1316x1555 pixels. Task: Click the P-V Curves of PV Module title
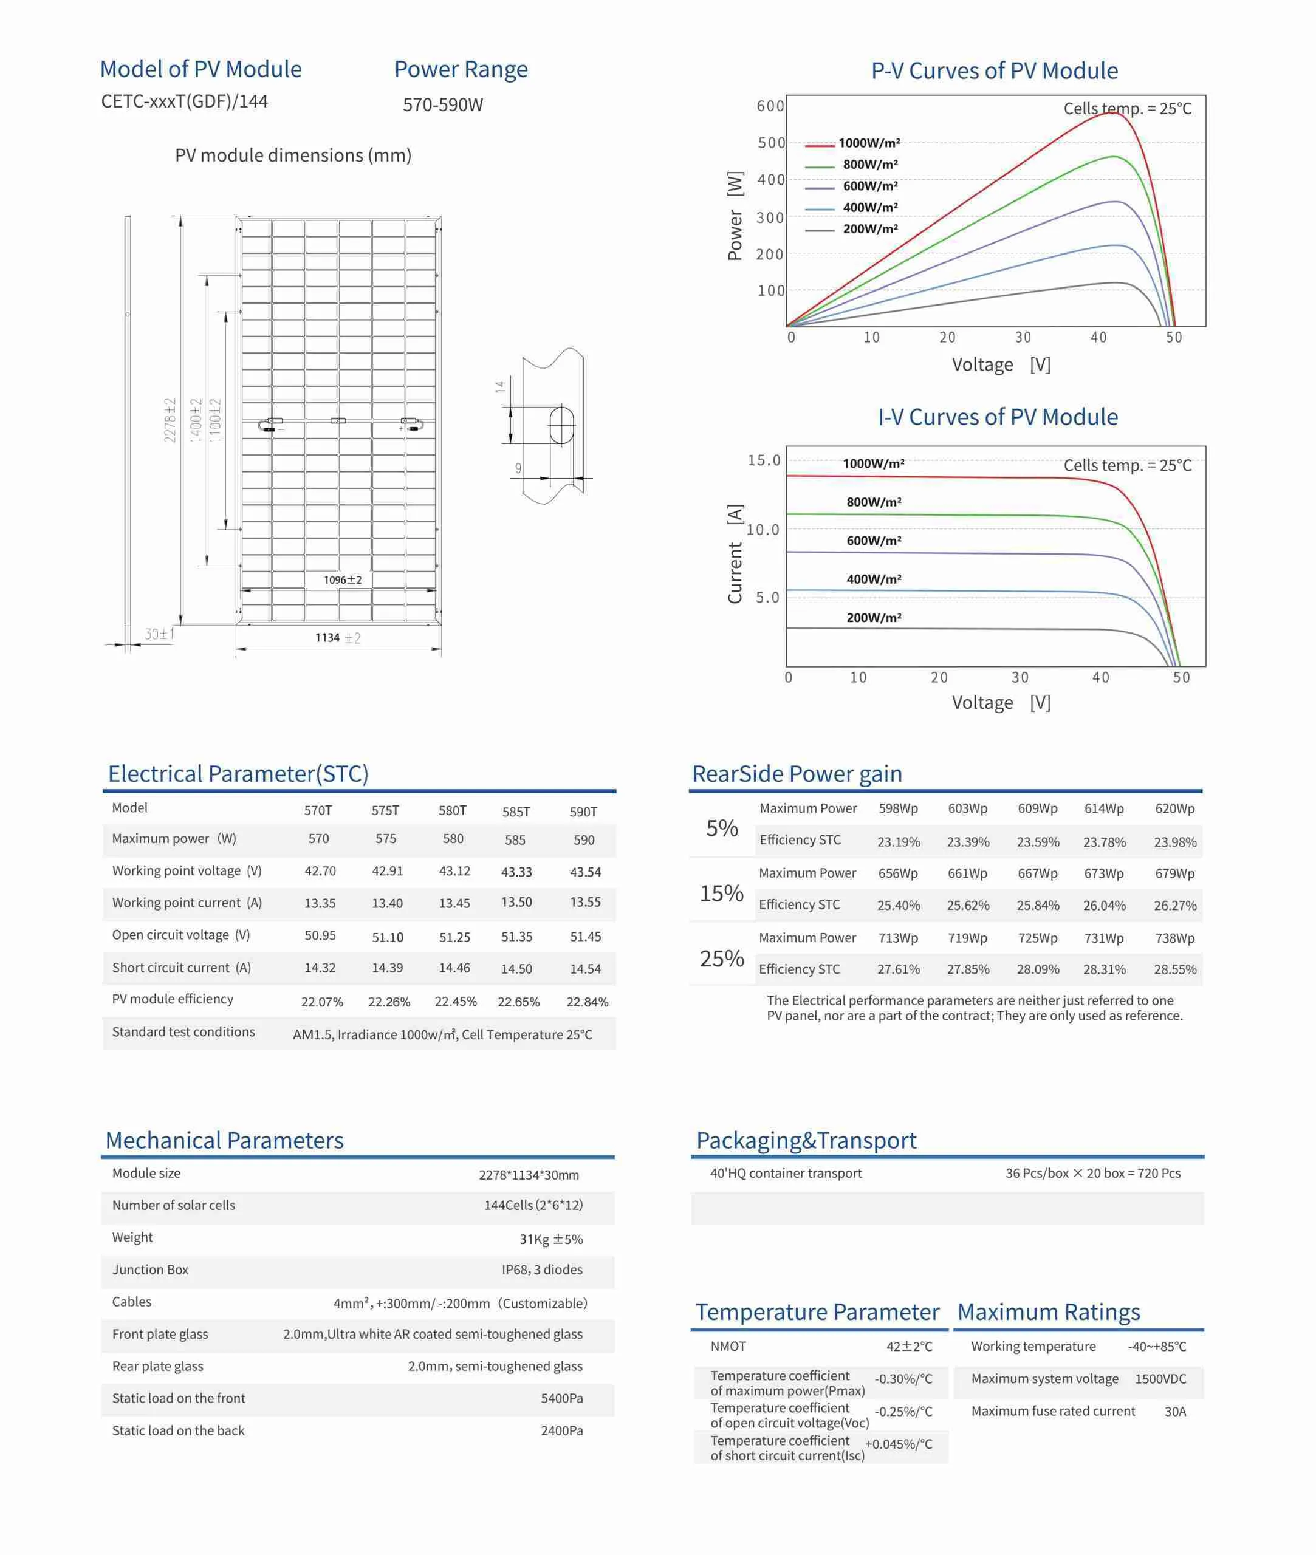[994, 71]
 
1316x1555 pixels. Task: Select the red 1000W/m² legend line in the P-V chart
[819, 144]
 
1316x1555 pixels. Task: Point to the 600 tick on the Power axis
[770, 106]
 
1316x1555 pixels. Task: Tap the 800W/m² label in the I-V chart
[874, 502]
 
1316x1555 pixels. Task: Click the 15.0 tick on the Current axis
[764, 460]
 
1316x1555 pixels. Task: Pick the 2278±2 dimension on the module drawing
[170, 420]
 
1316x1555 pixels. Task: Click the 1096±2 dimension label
[343, 579]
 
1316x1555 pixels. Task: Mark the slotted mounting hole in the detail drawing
[562, 425]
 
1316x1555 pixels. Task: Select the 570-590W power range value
[443, 105]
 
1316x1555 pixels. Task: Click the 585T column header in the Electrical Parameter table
[515, 812]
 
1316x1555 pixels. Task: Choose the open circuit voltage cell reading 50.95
[320, 935]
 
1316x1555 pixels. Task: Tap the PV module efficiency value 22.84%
[587, 1002]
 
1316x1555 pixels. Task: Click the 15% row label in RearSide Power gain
[721, 893]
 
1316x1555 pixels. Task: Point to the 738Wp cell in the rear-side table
[1174, 938]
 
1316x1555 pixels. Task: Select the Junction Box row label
[150, 1270]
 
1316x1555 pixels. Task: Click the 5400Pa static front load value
[562, 1398]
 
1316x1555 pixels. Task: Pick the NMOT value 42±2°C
[909, 1346]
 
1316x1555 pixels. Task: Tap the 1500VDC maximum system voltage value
[1160, 1379]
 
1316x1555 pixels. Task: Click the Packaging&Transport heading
[806, 1140]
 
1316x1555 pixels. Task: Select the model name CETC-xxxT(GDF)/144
[184, 101]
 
